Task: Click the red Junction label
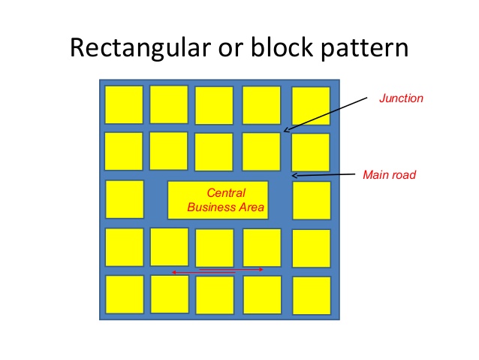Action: point(401,98)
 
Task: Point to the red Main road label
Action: point(389,175)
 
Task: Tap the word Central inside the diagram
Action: point(225,192)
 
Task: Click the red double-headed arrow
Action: point(218,271)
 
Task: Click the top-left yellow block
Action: point(123,104)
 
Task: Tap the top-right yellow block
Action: point(310,105)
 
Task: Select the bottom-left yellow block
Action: point(124,295)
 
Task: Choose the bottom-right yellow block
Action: point(311,295)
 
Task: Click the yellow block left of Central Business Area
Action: point(124,199)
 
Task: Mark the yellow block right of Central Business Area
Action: point(311,200)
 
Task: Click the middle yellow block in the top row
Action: point(214,105)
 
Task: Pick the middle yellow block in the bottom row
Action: point(215,295)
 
